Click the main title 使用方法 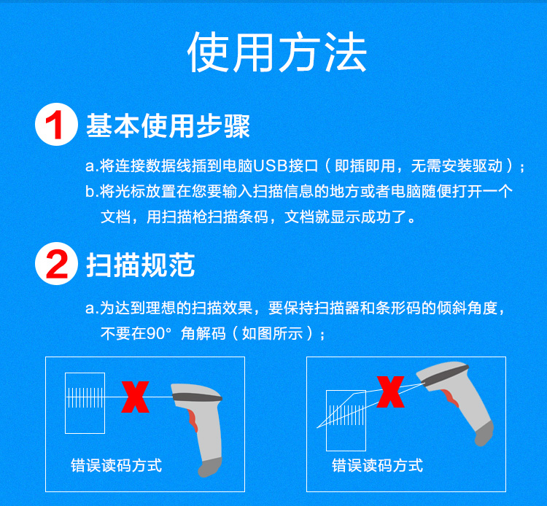coord(277,52)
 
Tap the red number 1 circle coord(56,124)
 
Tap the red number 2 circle coord(56,264)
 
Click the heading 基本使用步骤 coord(168,125)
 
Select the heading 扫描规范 coord(140,265)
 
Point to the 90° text coord(159,334)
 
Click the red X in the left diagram coord(136,397)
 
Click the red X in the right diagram coord(390,392)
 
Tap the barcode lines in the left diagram coord(85,397)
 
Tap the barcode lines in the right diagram coord(346,415)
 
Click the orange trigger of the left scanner coord(193,421)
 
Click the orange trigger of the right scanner coord(451,398)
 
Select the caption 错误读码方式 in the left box coord(117,466)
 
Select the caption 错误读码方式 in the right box coord(378,466)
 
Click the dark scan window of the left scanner coord(198,397)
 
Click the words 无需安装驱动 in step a coord(457,166)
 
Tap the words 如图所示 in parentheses coord(273,334)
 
